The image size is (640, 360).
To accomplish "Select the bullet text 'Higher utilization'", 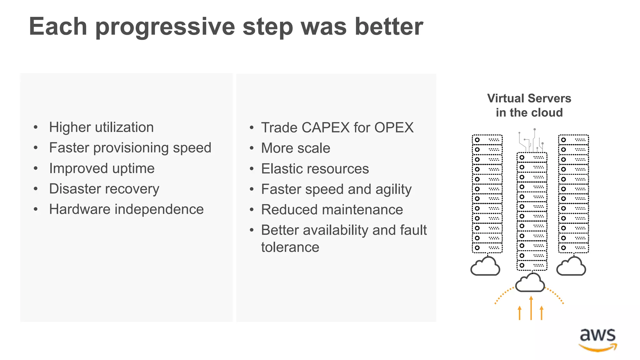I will [101, 127].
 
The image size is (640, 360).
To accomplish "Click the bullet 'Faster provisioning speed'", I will [130, 148].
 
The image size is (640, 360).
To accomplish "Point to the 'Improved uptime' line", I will [102, 168].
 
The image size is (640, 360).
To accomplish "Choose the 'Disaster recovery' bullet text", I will [104, 189].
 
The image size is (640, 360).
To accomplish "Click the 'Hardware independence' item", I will [126, 209].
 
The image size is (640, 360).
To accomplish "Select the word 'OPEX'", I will [394, 128].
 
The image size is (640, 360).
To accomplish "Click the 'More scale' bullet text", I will [296, 148].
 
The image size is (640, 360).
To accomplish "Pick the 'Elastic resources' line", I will [315, 169].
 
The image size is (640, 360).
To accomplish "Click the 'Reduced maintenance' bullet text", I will [332, 210].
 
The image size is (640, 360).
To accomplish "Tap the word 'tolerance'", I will [290, 247].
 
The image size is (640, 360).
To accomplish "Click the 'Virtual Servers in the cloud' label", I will [529, 105].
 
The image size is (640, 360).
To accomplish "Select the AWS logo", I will [597, 340].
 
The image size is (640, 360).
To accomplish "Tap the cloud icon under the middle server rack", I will [530, 283].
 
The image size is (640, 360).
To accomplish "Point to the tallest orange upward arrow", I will [531, 308].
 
